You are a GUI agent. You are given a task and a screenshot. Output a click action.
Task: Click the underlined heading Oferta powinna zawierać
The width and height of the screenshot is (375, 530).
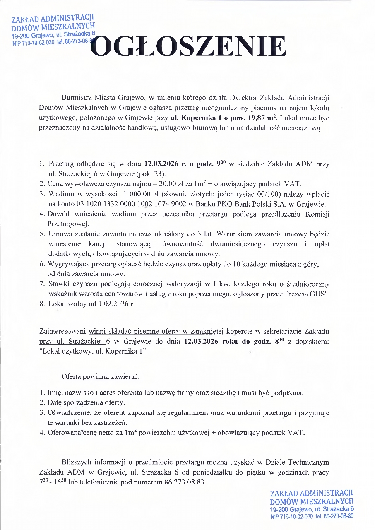pos(101,377)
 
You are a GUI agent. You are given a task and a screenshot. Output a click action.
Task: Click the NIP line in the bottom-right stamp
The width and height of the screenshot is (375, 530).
pos(312,516)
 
